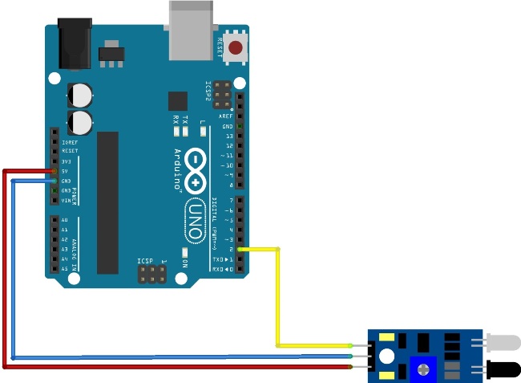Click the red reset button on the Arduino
point(235,48)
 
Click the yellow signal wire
point(277,297)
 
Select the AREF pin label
point(226,116)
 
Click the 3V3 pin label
point(67,161)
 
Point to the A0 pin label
point(64,219)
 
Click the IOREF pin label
point(69,141)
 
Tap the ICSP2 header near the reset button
point(221,95)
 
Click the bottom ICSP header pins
point(152,275)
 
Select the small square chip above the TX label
point(177,100)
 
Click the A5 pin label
point(64,268)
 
